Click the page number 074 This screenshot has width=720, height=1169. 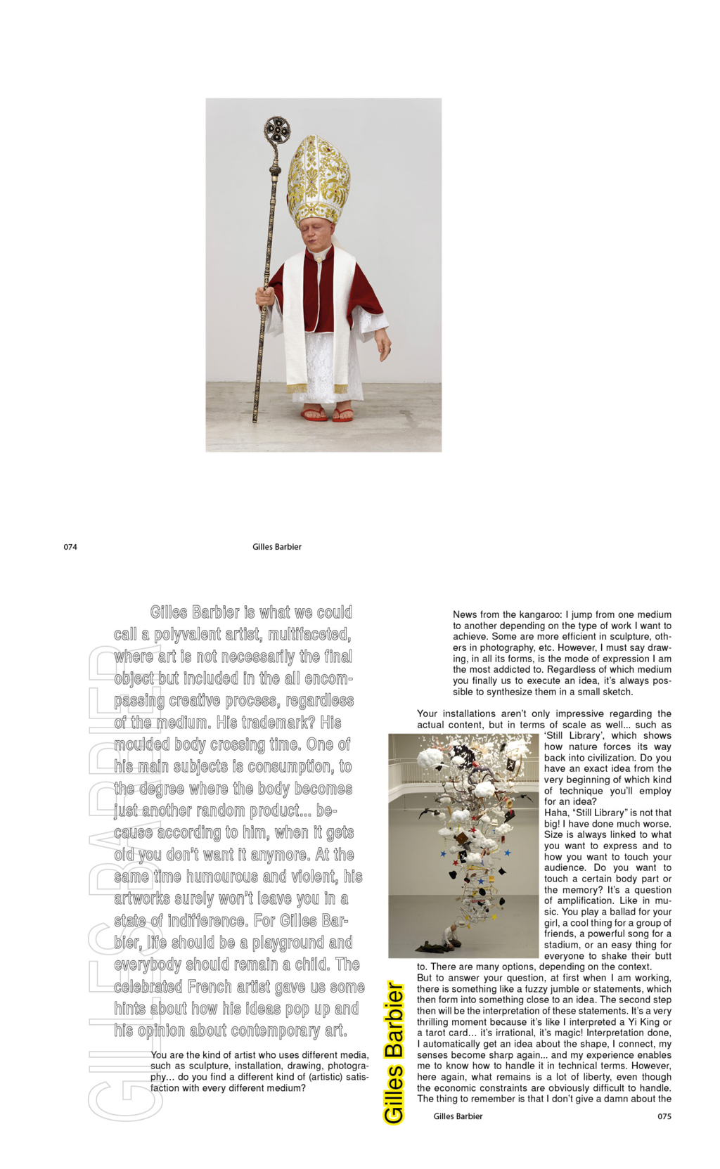tap(70, 547)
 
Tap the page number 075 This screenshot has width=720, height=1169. tap(664, 1116)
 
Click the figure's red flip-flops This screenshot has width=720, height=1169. tap(328, 415)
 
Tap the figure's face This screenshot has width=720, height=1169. tap(319, 235)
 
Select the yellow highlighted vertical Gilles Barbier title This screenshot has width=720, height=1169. tap(394, 1052)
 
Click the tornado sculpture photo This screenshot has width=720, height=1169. tap(465, 846)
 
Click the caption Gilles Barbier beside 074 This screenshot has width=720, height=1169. tap(277, 547)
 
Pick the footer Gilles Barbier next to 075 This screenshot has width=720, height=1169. tap(458, 1116)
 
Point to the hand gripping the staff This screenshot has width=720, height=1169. tap(265, 295)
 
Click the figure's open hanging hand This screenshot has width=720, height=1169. tap(384, 344)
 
